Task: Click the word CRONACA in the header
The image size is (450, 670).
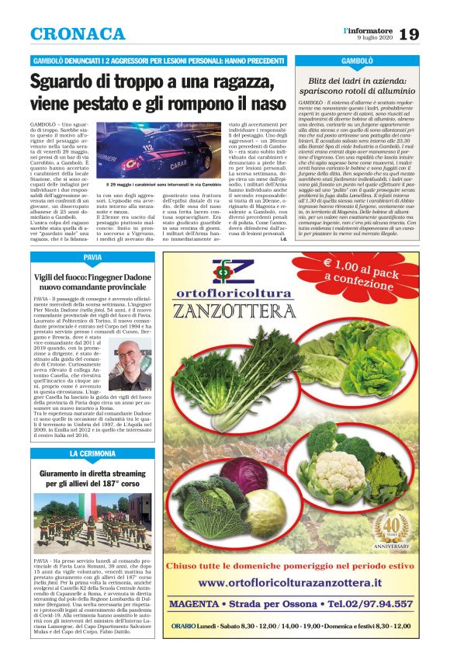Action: tap(78, 34)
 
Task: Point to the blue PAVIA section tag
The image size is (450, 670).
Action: tap(92, 256)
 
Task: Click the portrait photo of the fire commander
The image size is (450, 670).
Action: tap(130, 363)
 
